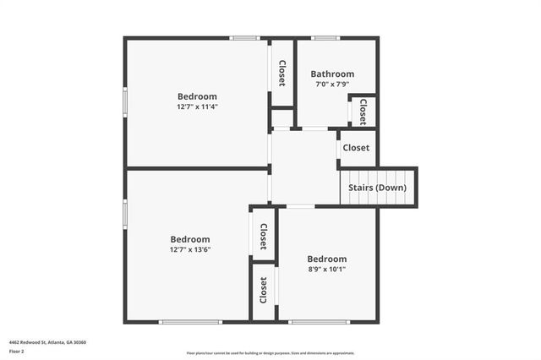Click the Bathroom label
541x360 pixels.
tap(332, 74)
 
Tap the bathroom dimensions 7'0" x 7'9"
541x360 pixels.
tap(332, 85)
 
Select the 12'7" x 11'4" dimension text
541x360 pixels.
tap(197, 107)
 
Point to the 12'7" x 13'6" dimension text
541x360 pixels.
tap(190, 249)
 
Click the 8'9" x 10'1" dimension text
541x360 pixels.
tap(326, 270)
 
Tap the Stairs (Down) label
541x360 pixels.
tap(377, 188)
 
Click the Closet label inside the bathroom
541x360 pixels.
tap(363, 112)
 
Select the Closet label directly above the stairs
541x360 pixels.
tap(356, 148)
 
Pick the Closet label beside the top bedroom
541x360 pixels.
tap(281, 74)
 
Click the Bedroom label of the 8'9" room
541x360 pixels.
tap(326, 259)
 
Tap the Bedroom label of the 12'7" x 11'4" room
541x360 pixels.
tap(197, 96)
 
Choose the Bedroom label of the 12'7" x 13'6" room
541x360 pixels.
tap(190, 239)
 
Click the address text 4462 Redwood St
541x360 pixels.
tap(47, 342)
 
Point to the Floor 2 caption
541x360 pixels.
tap(17, 351)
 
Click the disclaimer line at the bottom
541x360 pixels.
tap(270, 353)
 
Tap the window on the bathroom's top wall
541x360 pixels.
tap(325, 37)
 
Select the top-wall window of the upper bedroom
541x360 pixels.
tap(245, 37)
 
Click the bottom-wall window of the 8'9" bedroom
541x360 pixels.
tap(319, 322)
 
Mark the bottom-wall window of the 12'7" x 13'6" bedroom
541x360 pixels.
tap(190, 322)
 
